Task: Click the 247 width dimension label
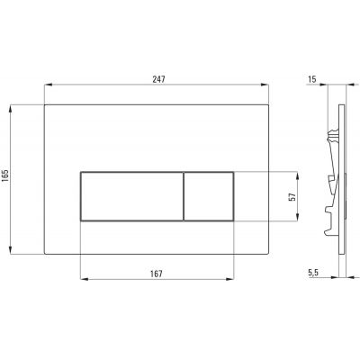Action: pyautogui.click(x=158, y=79)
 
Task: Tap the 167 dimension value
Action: pyautogui.click(x=157, y=274)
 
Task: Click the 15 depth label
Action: pyautogui.click(x=312, y=79)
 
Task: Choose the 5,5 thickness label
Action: pyautogui.click(x=312, y=273)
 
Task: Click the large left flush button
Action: pyautogui.click(x=131, y=196)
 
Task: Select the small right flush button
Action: pyautogui.click(x=209, y=196)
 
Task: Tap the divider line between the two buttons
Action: pyautogui.click(x=184, y=196)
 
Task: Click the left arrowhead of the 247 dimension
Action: pyautogui.click(x=48, y=85)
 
